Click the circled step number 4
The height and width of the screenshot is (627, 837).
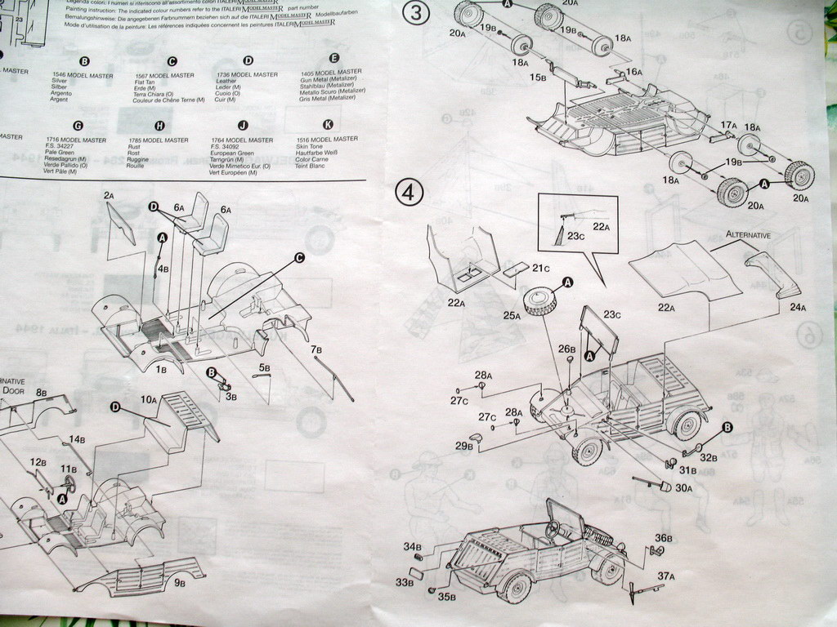tap(409, 193)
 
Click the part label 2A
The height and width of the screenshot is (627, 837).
tap(109, 196)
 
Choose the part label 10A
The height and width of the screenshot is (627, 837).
tap(148, 400)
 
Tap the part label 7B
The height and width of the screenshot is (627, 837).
tap(316, 350)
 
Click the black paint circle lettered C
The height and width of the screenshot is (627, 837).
tap(299, 258)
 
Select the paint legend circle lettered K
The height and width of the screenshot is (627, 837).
tap(328, 125)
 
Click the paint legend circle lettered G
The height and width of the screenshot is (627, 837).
tap(78, 126)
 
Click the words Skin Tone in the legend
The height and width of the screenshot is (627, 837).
tap(315, 146)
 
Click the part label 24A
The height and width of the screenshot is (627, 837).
tap(797, 307)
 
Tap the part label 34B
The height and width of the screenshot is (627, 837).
tap(412, 546)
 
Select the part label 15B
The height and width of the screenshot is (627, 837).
tap(537, 78)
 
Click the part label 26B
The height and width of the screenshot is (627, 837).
tap(567, 349)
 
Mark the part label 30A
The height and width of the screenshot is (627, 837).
tap(683, 487)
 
